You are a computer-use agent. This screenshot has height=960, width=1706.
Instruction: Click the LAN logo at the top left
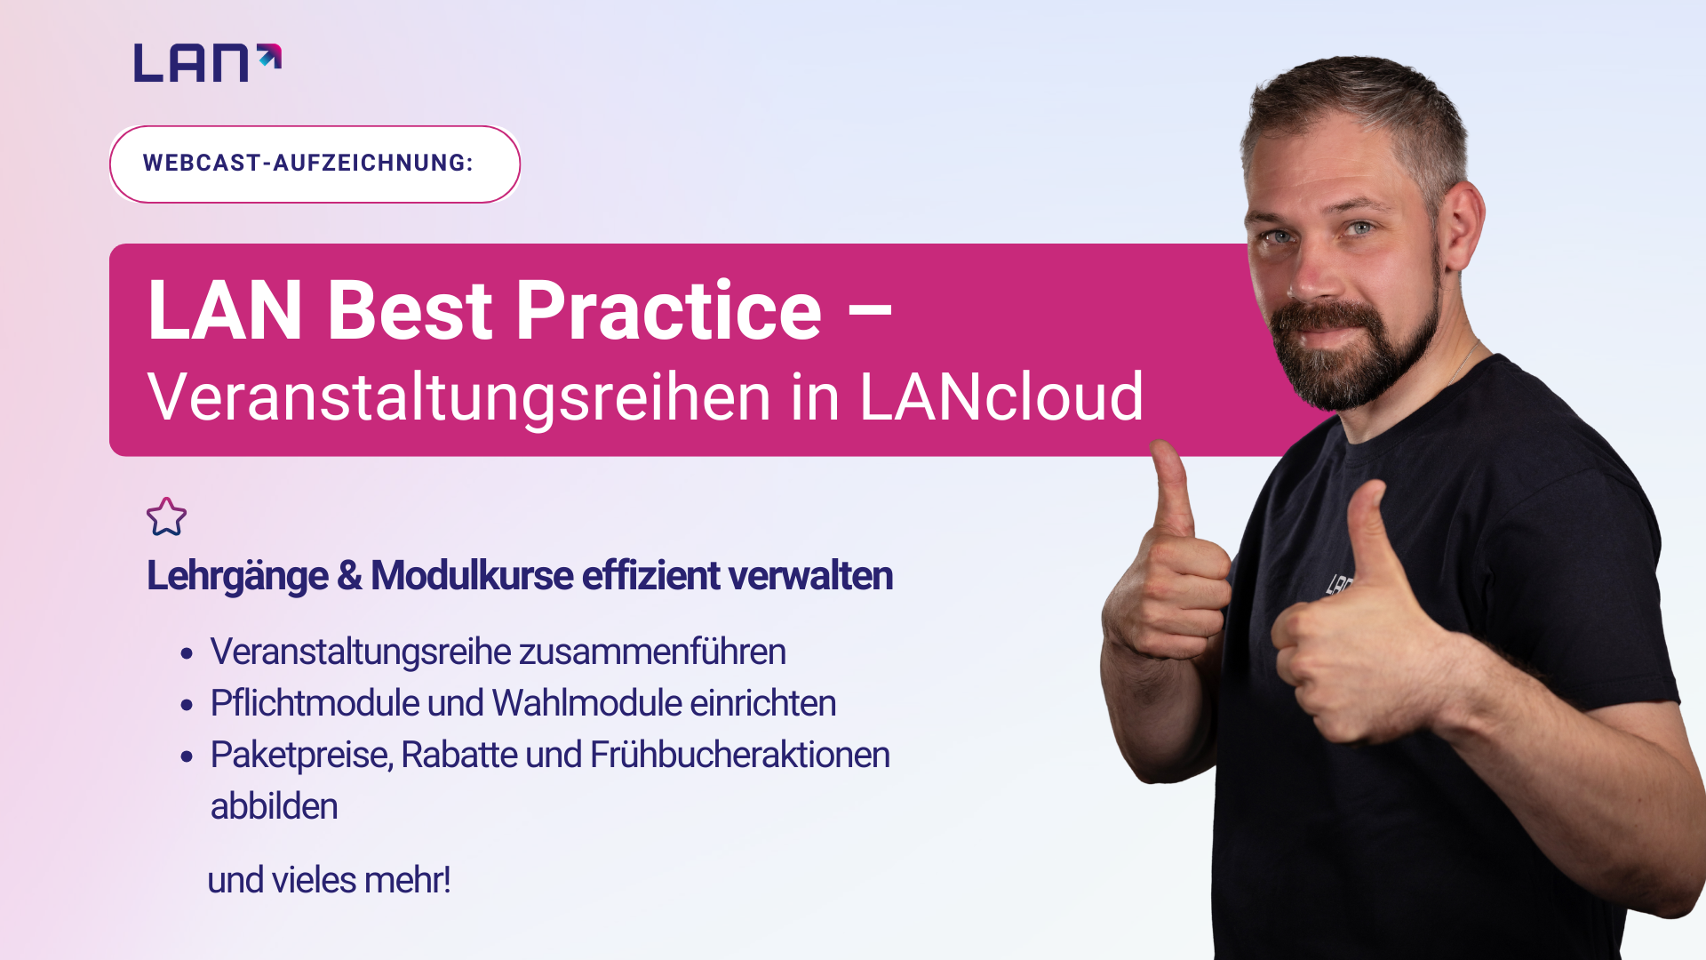[x=208, y=63]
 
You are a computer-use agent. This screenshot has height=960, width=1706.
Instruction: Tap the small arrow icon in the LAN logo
[x=270, y=56]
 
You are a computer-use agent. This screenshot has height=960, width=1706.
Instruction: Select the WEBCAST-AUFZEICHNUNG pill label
[x=315, y=164]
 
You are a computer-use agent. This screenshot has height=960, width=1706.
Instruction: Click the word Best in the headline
[x=410, y=310]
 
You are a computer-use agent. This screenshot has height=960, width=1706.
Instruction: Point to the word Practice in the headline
[x=669, y=310]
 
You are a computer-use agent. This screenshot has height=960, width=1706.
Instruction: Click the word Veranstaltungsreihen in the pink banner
[x=459, y=396]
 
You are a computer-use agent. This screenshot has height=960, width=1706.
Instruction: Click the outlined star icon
[x=166, y=516]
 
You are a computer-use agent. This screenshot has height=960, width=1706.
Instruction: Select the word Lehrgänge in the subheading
[x=237, y=576]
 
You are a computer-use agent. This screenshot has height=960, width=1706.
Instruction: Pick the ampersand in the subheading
[x=349, y=576]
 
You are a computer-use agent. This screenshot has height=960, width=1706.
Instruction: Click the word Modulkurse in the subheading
[x=472, y=575]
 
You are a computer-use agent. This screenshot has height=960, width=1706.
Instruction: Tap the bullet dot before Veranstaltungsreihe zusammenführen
[x=187, y=654]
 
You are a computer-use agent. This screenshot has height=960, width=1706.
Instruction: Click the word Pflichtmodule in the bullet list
[x=315, y=703]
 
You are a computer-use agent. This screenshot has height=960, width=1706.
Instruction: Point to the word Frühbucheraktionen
[x=740, y=755]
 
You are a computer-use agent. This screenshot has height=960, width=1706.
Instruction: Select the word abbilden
[x=274, y=806]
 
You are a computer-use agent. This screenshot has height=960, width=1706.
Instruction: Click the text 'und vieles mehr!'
[x=329, y=880]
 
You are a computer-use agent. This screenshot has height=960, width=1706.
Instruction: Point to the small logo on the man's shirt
[x=1339, y=584]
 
